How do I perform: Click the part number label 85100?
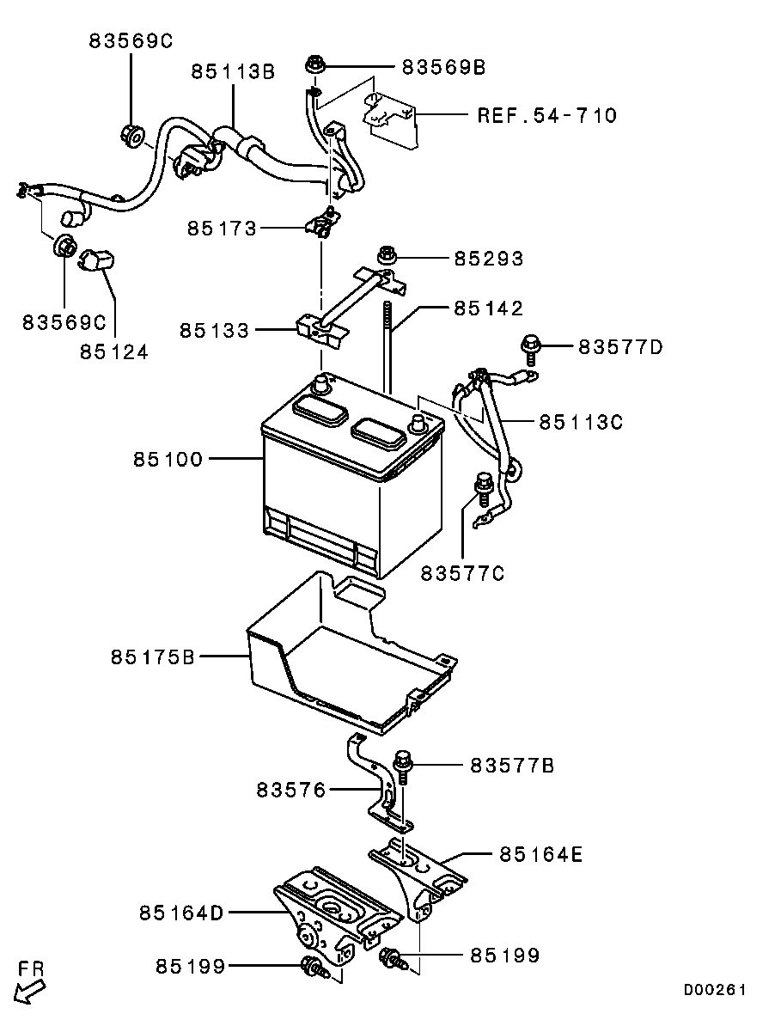(x=168, y=459)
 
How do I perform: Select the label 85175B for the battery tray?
(x=153, y=657)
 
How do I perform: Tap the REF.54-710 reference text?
(x=547, y=116)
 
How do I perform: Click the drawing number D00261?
(x=714, y=990)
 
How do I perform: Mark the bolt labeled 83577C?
(x=483, y=488)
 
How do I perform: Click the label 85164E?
(x=541, y=854)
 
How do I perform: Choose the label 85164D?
(x=181, y=913)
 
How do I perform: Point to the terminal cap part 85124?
(x=98, y=262)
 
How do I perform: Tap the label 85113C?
(x=581, y=422)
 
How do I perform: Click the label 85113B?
(x=233, y=71)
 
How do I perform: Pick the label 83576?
(x=290, y=790)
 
